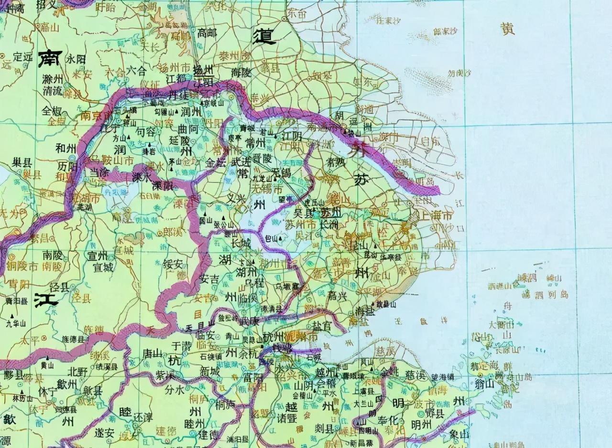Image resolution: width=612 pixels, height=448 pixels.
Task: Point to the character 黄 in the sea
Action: pos(508,29)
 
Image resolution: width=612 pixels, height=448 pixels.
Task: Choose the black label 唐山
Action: pos(153,353)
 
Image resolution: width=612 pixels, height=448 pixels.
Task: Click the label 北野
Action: pos(77,371)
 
